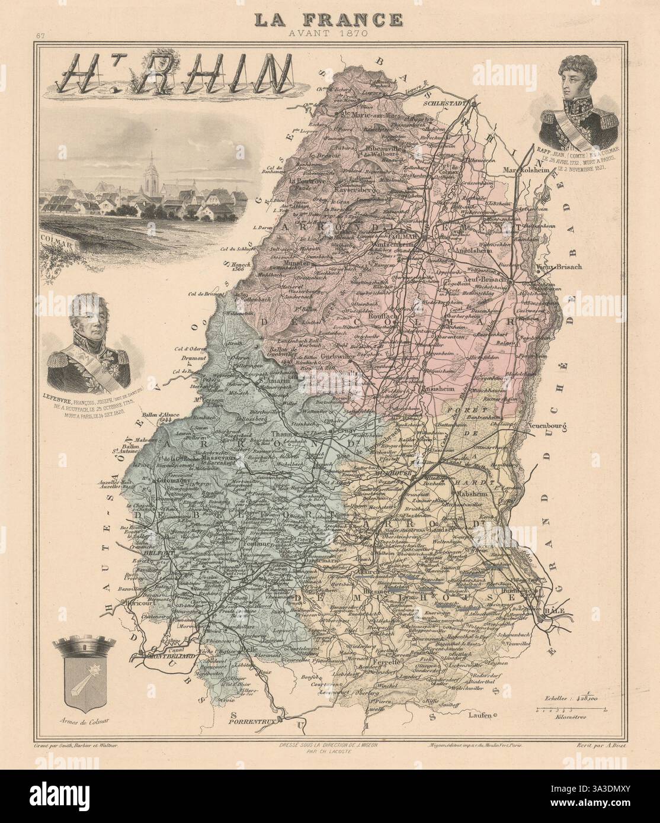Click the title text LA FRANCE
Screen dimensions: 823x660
coord(327,20)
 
